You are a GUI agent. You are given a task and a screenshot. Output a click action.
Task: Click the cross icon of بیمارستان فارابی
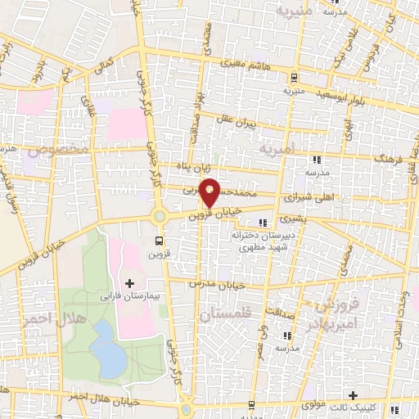coord(129,282)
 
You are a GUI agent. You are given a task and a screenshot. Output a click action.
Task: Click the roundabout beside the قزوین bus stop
coord(159,217)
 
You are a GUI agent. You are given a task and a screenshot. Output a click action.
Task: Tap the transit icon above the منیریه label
coord(294,78)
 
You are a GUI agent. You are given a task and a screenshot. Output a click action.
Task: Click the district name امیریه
coord(276,151)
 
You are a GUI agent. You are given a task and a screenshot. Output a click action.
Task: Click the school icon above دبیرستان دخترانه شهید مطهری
coord(263,223)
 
